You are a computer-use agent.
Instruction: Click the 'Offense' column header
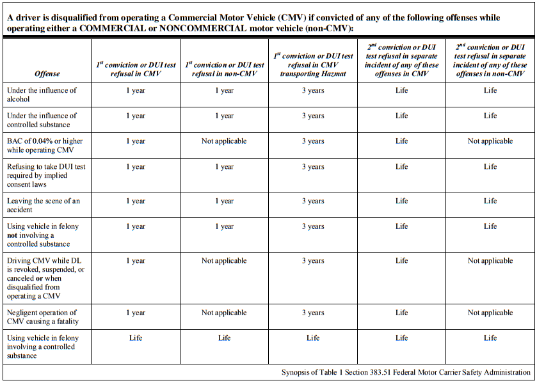tap(47, 74)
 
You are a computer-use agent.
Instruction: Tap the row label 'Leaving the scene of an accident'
tap(43, 205)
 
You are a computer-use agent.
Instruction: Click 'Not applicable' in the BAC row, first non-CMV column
tap(224, 141)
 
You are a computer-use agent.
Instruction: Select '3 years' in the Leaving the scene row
tap(313, 201)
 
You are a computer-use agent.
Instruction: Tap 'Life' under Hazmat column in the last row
tap(313, 338)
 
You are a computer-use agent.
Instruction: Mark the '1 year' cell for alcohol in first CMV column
tap(136, 90)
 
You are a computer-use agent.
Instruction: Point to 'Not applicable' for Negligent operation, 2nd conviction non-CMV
tap(490, 313)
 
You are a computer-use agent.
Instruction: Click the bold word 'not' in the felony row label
tap(13, 235)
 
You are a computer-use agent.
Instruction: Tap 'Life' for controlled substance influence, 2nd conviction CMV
tap(401, 116)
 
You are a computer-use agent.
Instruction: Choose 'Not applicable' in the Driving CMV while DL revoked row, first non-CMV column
tap(224, 261)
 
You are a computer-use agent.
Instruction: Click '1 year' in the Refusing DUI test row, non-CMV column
tap(224, 167)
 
